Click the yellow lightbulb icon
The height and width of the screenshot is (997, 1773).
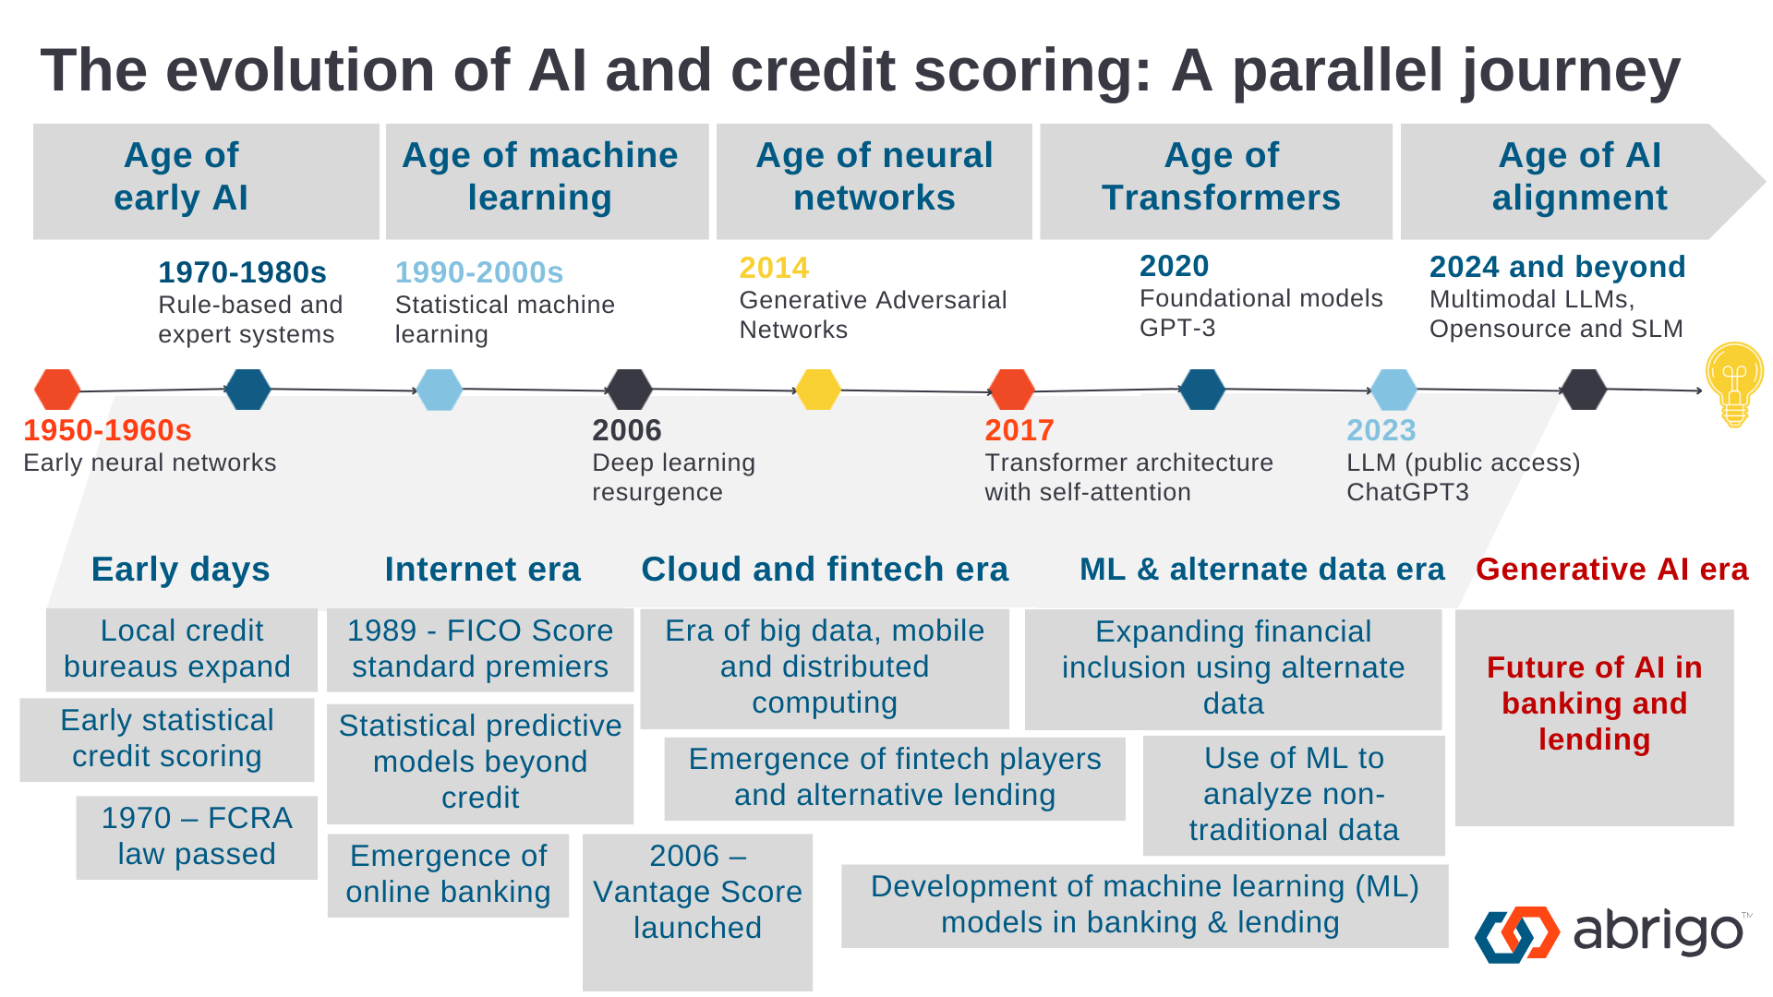pyautogui.click(x=1734, y=384)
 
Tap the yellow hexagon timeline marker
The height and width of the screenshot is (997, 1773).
pyautogui.click(x=818, y=390)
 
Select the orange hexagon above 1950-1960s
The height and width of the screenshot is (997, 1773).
pyautogui.click(x=57, y=390)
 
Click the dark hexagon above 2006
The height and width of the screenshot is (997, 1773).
pyautogui.click(x=630, y=390)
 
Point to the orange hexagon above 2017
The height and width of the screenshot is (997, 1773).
pyautogui.click(x=1011, y=390)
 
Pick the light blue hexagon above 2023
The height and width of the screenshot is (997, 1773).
pyautogui.click(x=1393, y=390)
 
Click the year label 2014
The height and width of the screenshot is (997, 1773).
pyautogui.click(x=774, y=268)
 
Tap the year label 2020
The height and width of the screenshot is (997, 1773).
pyautogui.click(x=1174, y=266)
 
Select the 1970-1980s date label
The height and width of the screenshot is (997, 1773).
pyautogui.click(x=242, y=272)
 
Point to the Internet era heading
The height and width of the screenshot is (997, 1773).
pyautogui.click(x=483, y=570)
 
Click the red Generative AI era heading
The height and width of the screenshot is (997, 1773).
pyautogui.click(x=1612, y=570)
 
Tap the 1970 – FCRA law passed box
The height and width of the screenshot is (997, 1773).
pyautogui.click(x=197, y=837)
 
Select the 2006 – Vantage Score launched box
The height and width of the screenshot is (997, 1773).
pyautogui.click(x=697, y=912)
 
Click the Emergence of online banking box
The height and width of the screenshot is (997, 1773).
pyautogui.click(x=448, y=874)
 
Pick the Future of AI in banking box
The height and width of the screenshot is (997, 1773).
pyautogui.click(x=1595, y=717)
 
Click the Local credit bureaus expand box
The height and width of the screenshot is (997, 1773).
pyautogui.click(x=182, y=649)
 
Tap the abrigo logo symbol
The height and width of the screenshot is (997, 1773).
pyautogui.click(x=1517, y=934)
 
